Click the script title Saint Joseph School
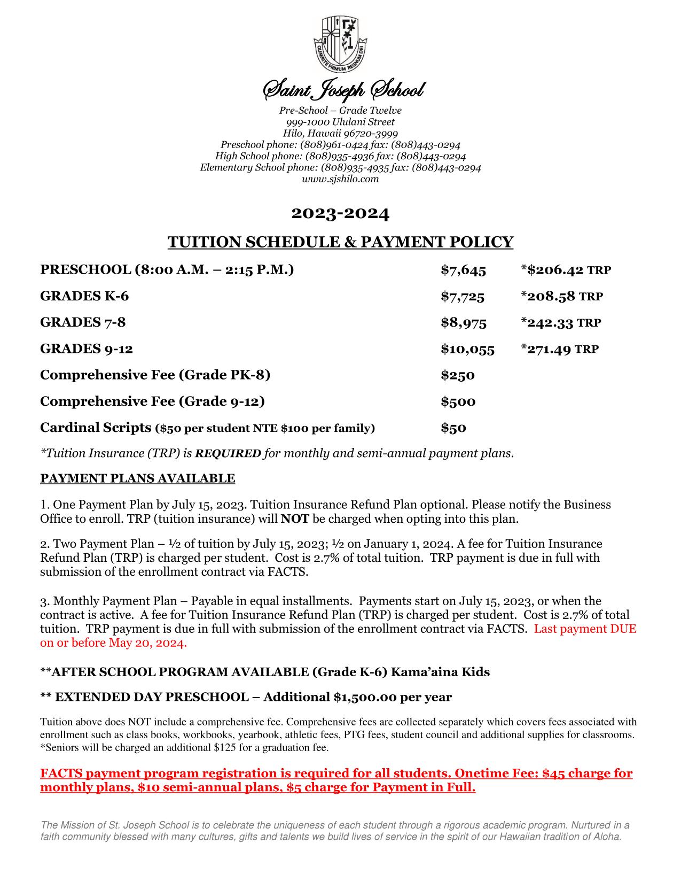(x=340, y=91)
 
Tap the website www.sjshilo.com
(x=340, y=179)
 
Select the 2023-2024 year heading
(x=340, y=214)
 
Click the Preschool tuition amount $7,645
(x=463, y=270)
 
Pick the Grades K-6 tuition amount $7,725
(x=462, y=296)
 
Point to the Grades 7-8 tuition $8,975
(x=463, y=322)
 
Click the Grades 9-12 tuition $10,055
(x=467, y=349)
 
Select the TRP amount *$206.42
(x=552, y=270)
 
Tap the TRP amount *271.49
(x=546, y=349)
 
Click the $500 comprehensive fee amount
(x=458, y=401)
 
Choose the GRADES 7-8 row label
(x=83, y=322)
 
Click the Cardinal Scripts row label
(x=96, y=428)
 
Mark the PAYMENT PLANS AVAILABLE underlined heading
(x=137, y=478)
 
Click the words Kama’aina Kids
(x=440, y=672)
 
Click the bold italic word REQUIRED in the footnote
(x=228, y=454)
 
